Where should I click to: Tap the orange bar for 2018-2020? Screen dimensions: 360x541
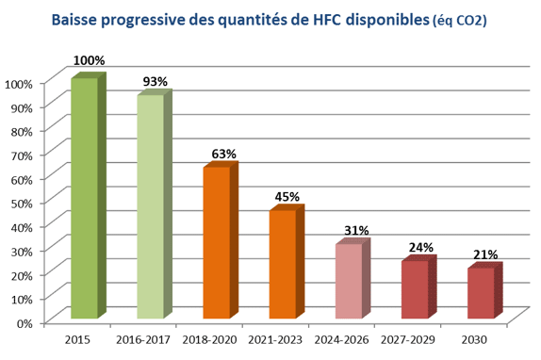[x=217, y=242]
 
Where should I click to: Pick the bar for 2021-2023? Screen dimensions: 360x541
[x=283, y=264]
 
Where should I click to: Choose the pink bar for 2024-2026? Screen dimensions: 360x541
[x=349, y=281]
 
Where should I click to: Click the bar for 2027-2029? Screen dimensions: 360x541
[x=415, y=289]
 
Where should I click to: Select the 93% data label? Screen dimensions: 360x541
[x=155, y=81]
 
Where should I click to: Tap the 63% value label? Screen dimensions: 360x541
[x=223, y=154]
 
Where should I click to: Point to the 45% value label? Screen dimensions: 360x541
[x=287, y=197]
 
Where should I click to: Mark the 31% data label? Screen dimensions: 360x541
[x=355, y=230]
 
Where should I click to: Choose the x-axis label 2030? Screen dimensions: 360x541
[x=474, y=337]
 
